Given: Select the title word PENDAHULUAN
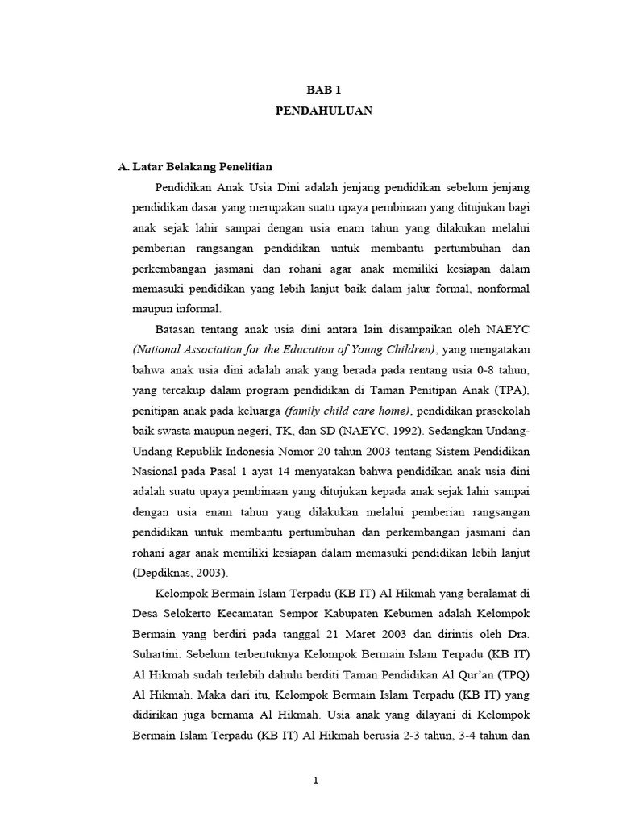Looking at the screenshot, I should click(x=324, y=111).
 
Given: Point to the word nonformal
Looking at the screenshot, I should click(x=502, y=287).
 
